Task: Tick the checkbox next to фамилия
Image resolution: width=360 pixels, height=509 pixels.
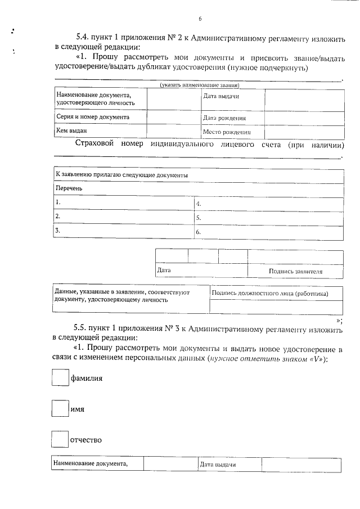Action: pos(60,377)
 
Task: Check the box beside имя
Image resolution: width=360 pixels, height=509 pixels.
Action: pos(60,408)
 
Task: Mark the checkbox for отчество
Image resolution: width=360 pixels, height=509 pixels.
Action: pos(60,439)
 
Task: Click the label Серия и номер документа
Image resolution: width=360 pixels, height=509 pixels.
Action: pos(93,117)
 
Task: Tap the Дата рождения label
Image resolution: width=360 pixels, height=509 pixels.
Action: pos(224,118)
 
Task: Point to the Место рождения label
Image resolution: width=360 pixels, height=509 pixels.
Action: pos(226,133)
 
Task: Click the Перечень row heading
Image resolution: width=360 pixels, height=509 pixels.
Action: pos(69,188)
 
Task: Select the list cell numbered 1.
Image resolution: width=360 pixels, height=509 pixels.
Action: pos(123,202)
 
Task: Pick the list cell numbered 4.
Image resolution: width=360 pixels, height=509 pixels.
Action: pos(268,204)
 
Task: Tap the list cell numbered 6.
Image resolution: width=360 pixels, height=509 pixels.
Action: pos(268,232)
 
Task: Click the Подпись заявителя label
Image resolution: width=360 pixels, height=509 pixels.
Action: pos(295,271)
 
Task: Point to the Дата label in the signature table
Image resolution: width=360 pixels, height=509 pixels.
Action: pos(164,271)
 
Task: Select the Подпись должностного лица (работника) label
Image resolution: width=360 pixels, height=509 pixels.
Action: pos(269,294)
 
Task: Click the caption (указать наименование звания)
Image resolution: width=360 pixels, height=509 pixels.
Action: pos(200,85)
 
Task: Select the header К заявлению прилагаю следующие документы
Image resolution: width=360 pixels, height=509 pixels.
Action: pos(121,175)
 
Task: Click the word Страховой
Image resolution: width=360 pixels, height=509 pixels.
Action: pos(94,144)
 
